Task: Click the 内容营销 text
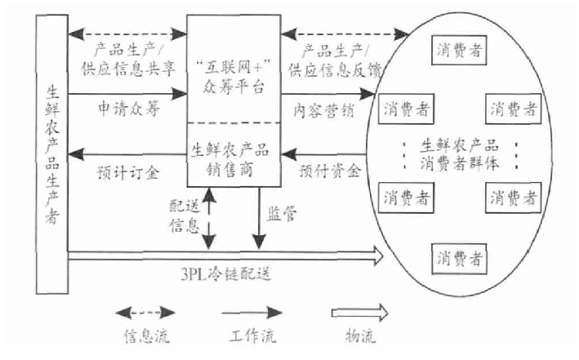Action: [321, 109]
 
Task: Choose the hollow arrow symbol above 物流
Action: [358, 312]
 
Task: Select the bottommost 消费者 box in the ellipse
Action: [457, 258]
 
